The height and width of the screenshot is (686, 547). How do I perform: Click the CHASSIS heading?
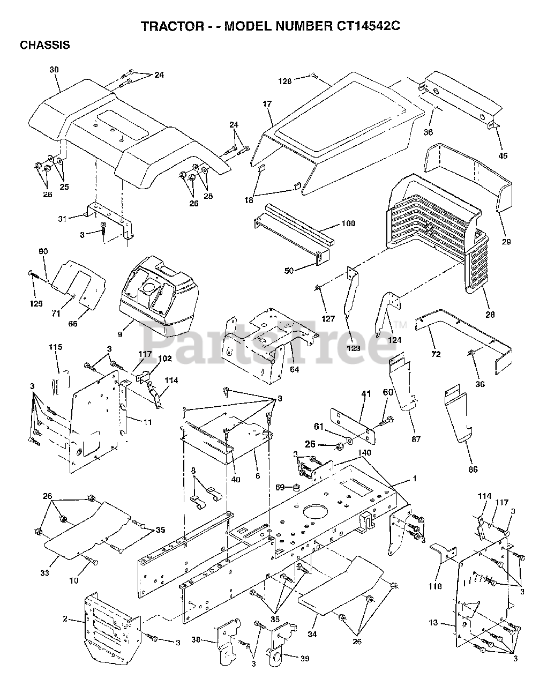pos(44,45)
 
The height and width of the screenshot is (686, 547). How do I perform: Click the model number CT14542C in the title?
pos(359,25)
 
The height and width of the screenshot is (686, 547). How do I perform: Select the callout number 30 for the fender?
pos(54,70)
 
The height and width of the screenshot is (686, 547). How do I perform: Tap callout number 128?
pos(284,81)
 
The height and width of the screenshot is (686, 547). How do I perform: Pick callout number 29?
pos(506,242)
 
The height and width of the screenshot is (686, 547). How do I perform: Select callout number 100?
pos(348,223)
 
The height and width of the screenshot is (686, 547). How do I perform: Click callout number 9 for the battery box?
pos(120,335)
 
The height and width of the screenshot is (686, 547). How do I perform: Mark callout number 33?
pos(44,573)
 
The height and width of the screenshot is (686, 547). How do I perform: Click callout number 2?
pos(65,619)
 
